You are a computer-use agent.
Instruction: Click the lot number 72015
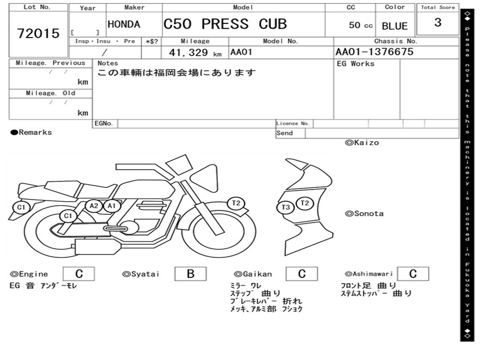point(38,34)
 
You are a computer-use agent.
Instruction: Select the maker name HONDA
point(124,24)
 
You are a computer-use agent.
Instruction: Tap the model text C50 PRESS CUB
point(225,24)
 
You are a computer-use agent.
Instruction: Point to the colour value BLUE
point(395,26)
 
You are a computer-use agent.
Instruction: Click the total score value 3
point(437,22)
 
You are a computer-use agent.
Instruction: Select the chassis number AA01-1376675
point(375,52)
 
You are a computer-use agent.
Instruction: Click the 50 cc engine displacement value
point(360,25)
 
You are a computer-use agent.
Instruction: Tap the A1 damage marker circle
point(111,206)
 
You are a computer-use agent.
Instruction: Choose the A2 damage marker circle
point(94,206)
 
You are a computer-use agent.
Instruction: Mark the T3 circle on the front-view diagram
point(285,207)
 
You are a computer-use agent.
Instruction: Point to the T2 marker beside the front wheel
point(236,203)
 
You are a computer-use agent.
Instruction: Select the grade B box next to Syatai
point(190,274)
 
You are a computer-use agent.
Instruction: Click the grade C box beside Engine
point(79,274)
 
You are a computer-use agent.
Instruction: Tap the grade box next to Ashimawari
point(412,274)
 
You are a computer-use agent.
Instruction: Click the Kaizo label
point(362,142)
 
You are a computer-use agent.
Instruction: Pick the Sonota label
point(364,214)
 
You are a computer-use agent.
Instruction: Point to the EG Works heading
point(356,64)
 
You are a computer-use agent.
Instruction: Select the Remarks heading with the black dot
point(31,133)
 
